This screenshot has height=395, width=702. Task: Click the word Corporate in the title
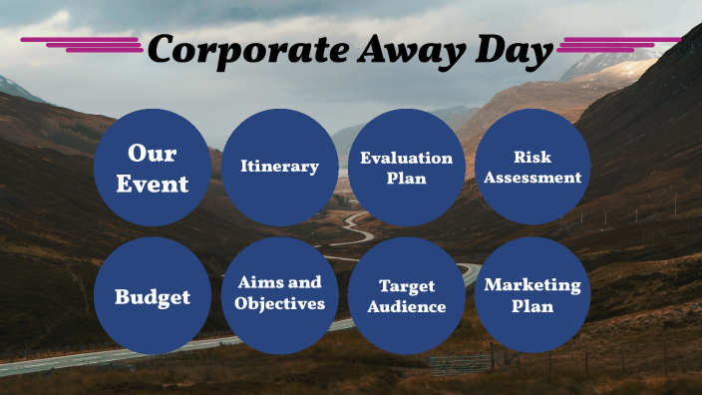[232, 51]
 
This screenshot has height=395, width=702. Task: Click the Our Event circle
[153, 168]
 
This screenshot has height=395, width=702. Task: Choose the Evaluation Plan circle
[406, 168]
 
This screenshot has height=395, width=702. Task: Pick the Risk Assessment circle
[532, 168]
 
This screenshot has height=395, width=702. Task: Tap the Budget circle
[153, 295]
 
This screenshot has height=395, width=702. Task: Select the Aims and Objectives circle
[279, 295]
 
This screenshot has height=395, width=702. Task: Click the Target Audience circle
[406, 295]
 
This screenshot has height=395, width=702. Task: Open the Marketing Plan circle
[532, 295]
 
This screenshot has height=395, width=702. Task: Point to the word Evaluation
[406, 158]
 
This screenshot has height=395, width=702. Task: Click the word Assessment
[532, 179]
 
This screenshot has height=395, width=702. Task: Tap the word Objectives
[279, 303]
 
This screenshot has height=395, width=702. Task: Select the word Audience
[406, 306]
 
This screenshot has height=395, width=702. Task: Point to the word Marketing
[532, 285]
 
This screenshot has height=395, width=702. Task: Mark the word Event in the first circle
[153, 184]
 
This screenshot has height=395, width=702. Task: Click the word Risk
[532, 158]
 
